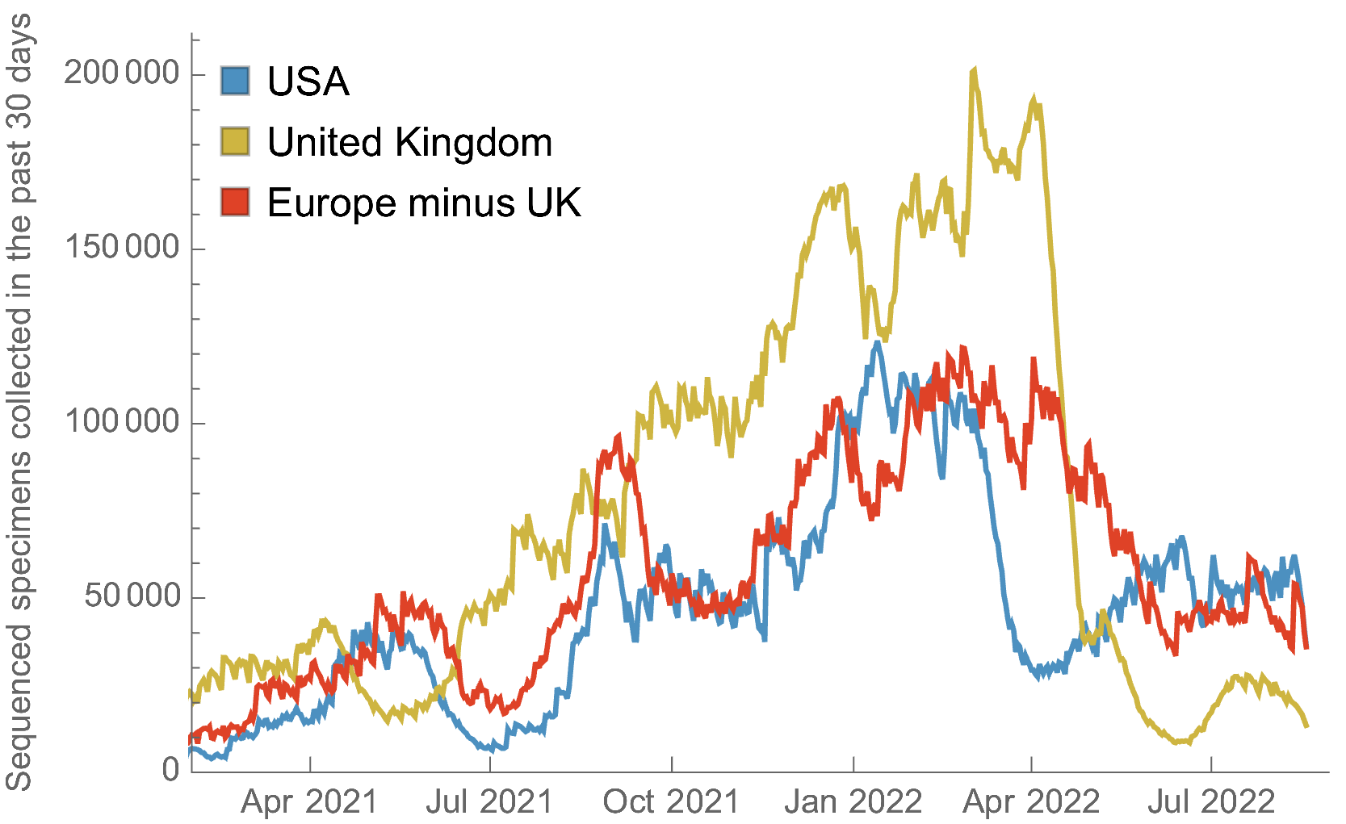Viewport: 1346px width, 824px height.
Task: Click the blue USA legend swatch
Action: [235, 81]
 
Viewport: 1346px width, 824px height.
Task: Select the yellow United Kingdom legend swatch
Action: [235, 141]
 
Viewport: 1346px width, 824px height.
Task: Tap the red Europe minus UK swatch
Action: [235, 202]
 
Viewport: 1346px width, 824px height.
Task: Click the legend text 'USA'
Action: [308, 82]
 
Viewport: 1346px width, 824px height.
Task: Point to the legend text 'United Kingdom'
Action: [409, 143]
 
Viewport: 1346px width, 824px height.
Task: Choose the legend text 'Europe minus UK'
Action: [424, 203]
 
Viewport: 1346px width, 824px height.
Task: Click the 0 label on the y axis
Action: [170, 770]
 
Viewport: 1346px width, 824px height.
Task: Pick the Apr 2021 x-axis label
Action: [309, 802]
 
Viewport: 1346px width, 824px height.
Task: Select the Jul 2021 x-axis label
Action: [489, 802]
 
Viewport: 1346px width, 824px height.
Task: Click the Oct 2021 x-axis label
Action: [671, 802]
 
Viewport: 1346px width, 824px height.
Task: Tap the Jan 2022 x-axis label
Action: [853, 802]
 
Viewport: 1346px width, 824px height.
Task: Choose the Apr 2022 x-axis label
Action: [1031, 802]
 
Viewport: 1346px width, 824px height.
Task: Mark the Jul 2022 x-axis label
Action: [1211, 802]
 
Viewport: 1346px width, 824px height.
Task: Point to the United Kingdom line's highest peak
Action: [975, 71]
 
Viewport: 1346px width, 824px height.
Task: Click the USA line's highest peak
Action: [877, 343]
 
